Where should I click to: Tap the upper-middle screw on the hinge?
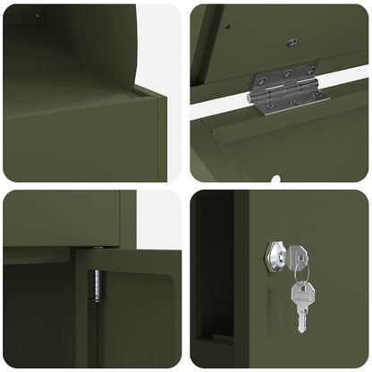[x=287, y=72]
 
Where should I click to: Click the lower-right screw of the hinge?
[x=317, y=95]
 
